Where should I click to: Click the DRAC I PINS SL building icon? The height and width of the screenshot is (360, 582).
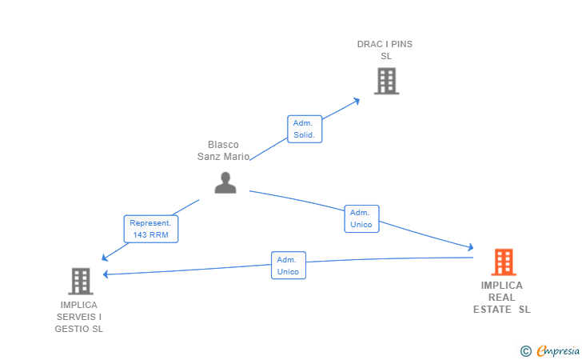[386, 81]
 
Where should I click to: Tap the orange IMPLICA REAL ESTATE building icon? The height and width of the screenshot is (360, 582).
[504, 262]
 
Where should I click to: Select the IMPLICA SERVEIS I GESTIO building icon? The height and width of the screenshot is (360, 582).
[81, 282]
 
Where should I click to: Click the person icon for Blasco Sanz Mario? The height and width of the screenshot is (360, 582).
[225, 182]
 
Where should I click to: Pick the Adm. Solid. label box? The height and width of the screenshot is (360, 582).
[305, 129]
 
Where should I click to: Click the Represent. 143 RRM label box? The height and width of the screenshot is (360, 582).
[150, 229]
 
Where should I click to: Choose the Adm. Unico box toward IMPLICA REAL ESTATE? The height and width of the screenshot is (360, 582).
[361, 219]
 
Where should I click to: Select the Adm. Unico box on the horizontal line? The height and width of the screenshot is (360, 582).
[289, 266]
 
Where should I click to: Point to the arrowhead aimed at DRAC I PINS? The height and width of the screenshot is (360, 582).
[357, 101]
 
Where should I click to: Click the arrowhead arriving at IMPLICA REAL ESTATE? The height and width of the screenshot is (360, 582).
[471, 247]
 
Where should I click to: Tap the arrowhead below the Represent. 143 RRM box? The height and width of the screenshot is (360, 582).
[105, 258]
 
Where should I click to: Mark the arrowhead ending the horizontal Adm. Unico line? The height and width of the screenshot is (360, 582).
[106, 274]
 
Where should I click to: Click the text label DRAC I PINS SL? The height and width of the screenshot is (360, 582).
[385, 50]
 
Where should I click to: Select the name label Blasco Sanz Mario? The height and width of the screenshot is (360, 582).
[223, 150]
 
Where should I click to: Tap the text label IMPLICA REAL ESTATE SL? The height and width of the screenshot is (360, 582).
[502, 298]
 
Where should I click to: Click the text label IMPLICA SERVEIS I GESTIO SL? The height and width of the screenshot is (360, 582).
[78, 317]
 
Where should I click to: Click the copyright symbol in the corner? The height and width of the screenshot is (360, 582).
[525, 351]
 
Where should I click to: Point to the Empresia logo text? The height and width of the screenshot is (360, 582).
[558, 350]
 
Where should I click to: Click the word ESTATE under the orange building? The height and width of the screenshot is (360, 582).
[492, 310]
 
